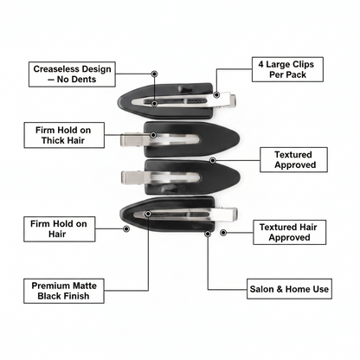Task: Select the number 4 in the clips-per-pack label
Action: tap(260, 64)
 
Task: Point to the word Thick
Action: tap(52, 140)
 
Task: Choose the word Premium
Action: tap(49, 286)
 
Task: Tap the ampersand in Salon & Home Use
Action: tap(280, 289)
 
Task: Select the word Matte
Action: tap(84, 286)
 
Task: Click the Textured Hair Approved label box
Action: tap(290, 233)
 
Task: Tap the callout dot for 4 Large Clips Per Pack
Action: tap(216, 94)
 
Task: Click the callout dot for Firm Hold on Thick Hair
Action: tap(153, 135)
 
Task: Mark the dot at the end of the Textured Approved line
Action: tap(213, 160)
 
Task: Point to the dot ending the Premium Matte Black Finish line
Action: tap(148, 214)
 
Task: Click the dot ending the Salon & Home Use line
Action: tap(208, 234)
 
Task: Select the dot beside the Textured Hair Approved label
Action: tap(223, 233)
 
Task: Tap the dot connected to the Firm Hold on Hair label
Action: tap(126, 228)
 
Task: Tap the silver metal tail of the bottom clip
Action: tap(226, 215)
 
